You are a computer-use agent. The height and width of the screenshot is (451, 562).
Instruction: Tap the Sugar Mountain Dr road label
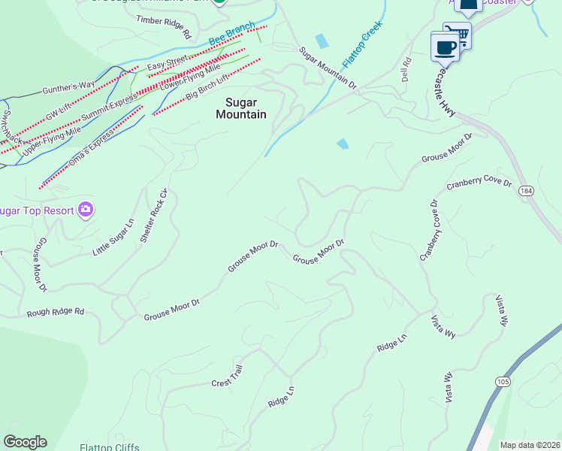[328, 68]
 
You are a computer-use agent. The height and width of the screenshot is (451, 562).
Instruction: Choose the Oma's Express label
[90, 148]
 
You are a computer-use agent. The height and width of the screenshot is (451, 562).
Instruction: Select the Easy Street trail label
[167, 64]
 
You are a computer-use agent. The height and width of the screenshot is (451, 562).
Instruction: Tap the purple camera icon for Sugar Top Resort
[86, 209]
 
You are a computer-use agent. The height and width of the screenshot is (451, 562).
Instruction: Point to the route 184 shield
[527, 192]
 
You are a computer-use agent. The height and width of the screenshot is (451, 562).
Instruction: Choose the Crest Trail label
[227, 374]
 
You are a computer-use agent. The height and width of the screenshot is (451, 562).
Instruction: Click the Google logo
[25, 442]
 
